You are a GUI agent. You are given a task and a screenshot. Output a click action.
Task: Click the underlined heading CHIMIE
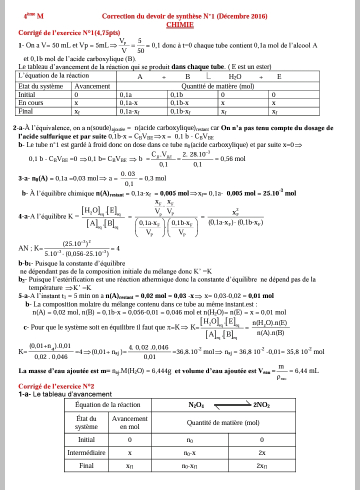[180, 24]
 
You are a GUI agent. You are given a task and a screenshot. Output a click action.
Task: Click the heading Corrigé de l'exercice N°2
[56, 386]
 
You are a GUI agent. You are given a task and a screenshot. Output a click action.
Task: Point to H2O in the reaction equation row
[235, 76]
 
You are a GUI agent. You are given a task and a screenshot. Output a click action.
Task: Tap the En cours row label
[31, 102]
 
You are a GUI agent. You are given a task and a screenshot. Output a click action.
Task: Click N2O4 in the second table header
[195, 404]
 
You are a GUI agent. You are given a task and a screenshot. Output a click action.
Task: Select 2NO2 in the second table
[261, 404]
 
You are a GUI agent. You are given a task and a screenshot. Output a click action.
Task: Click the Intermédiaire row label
[86, 453]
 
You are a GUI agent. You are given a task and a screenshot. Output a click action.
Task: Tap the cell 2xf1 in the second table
[261, 466]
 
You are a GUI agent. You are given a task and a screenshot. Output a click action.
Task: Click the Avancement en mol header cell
[129, 422]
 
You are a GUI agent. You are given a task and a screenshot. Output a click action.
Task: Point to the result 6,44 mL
[306, 370]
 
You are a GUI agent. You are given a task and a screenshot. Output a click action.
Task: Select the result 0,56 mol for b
[233, 158]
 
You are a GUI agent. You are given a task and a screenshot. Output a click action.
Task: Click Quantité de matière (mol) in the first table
[218, 85]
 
